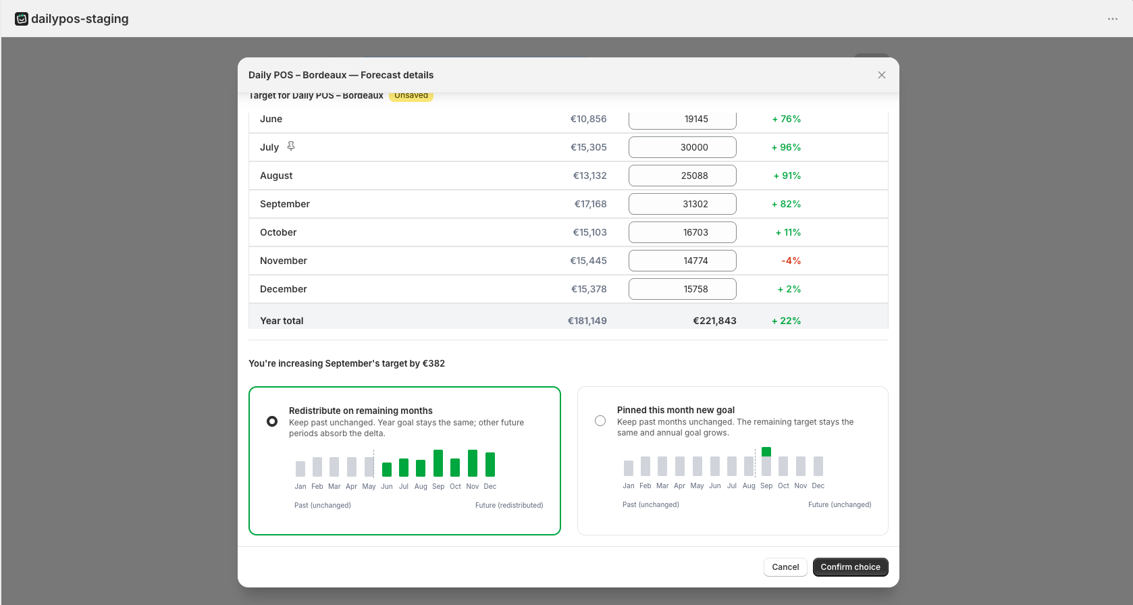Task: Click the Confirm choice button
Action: pyautogui.click(x=850, y=567)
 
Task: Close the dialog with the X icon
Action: pyautogui.click(x=882, y=75)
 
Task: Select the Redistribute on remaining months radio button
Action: pyautogui.click(x=272, y=421)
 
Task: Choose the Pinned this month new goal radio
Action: pyautogui.click(x=600, y=421)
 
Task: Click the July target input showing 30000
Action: pyautogui.click(x=683, y=147)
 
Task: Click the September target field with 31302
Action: pyautogui.click(x=683, y=204)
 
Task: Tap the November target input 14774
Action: pyautogui.click(x=683, y=261)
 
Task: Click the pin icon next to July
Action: pyautogui.click(x=291, y=147)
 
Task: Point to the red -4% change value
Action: pyautogui.click(x=791, y=261)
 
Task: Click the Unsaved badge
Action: pyautogui.click(x=411, y=95)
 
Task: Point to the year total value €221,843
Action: pyautogui.click(x=714, y=321)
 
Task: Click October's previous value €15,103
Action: pyautogui.click(x=589, y=232)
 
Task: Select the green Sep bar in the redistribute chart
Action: pyautogui.click(x=438, y=463)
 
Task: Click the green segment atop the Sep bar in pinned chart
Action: pyautogui.click(x=766, y=452)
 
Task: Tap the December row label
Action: pyautogui.click(x=284, y=289)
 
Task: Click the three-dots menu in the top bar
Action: pyautogui.click(x=1112, y=19)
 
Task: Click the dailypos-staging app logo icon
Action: pyautogui.click(x=21, y=19)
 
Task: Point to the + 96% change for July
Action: pyautogui.click(x=786, y=147)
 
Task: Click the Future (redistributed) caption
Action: pyautogui.click(x=509, y=505)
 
